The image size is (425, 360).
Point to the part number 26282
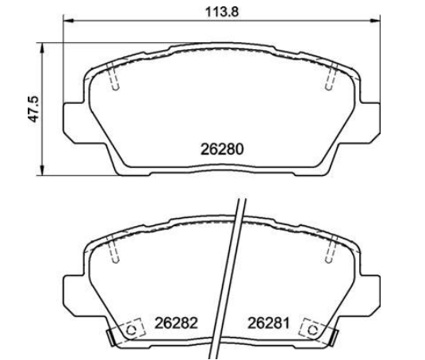click(174, 324)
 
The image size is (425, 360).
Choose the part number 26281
click(269, 324)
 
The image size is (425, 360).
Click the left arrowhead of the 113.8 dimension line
click(66, 21)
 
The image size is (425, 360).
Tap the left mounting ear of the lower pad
click(74, 295)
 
